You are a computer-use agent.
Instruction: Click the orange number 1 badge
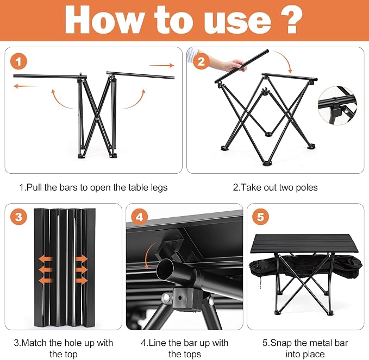[18, 61]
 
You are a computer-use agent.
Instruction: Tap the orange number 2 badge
[201, 61]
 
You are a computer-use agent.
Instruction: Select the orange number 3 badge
[18, 217]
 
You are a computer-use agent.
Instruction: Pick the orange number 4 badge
[140, 217]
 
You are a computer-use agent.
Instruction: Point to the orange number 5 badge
[260, 217]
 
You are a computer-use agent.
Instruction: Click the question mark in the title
[292, 20]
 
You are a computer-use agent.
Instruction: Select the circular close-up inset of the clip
[337, 105]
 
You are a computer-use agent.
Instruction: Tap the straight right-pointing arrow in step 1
[161, 65]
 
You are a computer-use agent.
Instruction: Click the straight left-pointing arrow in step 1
[26, 86]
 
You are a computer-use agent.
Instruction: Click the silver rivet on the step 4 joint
[167, 298]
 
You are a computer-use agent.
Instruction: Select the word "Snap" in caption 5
[280, 343]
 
